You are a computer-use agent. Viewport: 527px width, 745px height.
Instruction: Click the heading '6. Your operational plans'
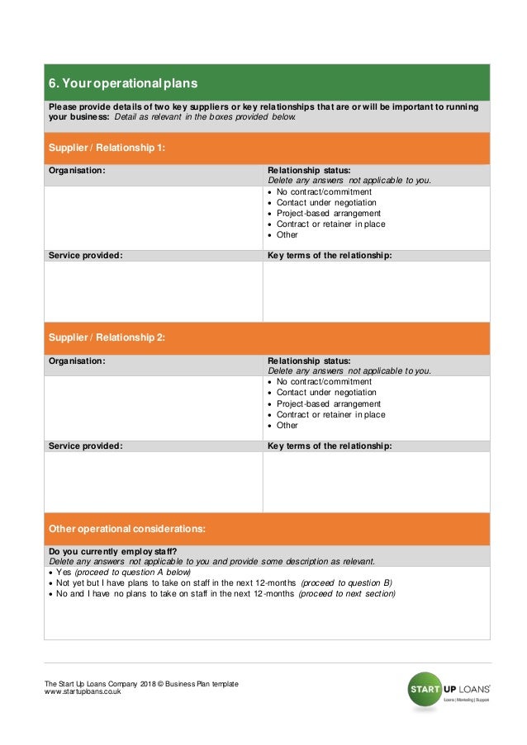(123, 83)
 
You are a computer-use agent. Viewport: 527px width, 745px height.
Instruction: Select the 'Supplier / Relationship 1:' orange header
(107, 148)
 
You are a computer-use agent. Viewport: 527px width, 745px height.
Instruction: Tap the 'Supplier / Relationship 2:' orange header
(107, 337)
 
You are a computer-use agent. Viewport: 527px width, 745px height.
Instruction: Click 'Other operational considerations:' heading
(127, 528)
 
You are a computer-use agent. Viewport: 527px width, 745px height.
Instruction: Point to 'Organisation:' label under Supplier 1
(77, 170)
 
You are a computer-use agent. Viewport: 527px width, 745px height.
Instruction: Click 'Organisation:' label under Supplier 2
(77, 361)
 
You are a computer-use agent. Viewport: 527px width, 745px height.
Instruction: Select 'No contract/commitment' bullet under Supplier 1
(324, 192)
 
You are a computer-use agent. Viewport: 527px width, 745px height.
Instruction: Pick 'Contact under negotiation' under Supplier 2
(326, 393)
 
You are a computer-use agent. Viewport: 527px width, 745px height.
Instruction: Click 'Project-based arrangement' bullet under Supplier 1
(329, 213)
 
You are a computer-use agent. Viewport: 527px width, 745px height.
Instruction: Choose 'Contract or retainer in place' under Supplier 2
(330, 414)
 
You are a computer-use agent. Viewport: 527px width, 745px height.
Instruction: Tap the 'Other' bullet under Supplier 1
(287, 234)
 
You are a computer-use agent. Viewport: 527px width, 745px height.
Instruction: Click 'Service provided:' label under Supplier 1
(86, 255)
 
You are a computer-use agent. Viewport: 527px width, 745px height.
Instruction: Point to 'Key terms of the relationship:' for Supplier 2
(330, 446)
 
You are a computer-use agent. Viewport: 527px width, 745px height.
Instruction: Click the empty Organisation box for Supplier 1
(153, 217)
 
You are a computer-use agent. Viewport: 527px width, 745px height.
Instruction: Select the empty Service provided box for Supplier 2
(153, 482)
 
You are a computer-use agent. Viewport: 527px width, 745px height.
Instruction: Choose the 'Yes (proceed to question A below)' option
(123, 572)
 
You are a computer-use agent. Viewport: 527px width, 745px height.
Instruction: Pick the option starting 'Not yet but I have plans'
(223, 582)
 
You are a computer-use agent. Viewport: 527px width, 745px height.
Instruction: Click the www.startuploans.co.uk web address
(83, 692)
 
